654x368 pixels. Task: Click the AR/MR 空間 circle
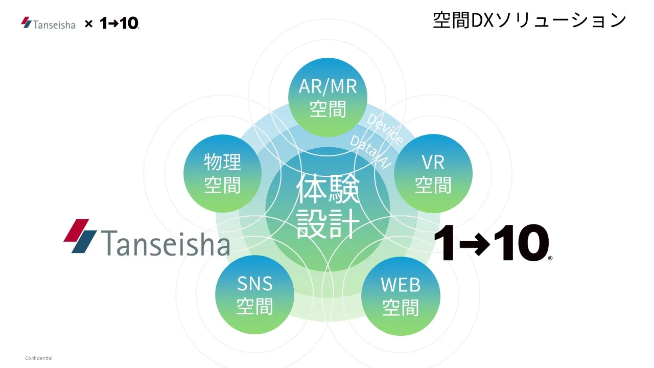pyautogui.click(x=328, y=97)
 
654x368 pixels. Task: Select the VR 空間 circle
pyautogui.click(x=433, y=174)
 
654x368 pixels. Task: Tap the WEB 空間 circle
pyautogui.click(x=401, y=295)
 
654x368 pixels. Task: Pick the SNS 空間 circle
pyautogui.click(x=255, y=294)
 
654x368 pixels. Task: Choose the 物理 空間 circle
pyautogui.click(x=222, y=174)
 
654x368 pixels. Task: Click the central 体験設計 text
pyautogui.click(x=328, y=207)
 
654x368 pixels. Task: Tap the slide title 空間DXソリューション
pyautogui.click(x=529, y=20)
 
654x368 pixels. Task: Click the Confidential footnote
pyautogui.click(x=39, y=358)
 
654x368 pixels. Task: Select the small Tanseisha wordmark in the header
pyautogui.click(x=54, y=24)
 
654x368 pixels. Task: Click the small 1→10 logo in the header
pyautogui.click(x=119, y=23)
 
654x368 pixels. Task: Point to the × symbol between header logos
pyautogui.click(x=88, y=24)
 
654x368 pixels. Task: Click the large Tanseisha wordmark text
pyautogui.click(x=165, y=243)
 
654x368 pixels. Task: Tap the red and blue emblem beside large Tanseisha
pyautogui.click(x=80, y=236)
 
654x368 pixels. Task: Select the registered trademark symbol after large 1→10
pyautogui.click(x=550, y=259)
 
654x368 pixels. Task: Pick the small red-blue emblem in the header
pyautogui.click(x=27, y=22)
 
